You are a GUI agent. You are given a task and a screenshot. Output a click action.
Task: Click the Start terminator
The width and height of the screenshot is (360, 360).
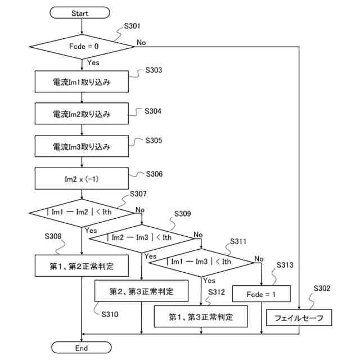(x=80, y=12)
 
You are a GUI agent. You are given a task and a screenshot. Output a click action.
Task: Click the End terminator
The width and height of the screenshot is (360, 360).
(x=81, y=348)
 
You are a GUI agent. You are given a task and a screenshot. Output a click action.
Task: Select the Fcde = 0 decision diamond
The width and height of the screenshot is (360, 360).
(x=82, y=47)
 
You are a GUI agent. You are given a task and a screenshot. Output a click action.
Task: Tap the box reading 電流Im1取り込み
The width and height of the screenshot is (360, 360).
(x=82, y=82)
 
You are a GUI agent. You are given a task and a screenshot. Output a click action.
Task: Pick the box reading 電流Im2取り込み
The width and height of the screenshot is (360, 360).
(x=82, y=114)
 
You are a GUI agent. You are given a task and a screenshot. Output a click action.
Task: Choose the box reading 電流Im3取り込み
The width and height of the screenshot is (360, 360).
(x=82, y=146)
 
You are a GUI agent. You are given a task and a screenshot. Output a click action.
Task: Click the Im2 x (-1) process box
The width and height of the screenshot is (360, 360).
(x=82, y=178)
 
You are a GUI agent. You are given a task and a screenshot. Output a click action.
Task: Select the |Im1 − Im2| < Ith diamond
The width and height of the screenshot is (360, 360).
(x=82, y=213)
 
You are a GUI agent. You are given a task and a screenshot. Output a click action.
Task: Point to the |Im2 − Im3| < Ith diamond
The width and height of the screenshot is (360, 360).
(x=142, y=238)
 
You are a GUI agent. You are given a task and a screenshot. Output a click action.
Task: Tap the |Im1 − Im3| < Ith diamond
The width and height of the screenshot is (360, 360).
(x=201, y=263)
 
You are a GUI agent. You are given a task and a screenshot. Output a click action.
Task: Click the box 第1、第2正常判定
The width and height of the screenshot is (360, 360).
(x=82, y=265)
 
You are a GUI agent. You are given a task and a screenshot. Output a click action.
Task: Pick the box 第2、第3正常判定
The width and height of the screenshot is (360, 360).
(x=141, y=291)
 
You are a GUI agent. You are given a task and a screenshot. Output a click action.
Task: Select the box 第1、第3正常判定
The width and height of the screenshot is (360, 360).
(x=201, y=316)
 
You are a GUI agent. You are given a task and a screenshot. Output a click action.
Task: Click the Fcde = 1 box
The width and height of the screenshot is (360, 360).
(x=261, y=294)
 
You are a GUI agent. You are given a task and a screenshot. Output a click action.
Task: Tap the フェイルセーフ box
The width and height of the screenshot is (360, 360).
(x=299, y=317)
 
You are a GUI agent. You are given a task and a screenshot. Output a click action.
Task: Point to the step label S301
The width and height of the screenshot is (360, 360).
(x=132, y=26)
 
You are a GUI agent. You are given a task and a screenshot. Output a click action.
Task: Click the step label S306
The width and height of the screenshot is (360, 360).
(x=154, y=174)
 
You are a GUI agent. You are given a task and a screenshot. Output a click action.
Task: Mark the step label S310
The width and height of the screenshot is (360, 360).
(x=110, y=314)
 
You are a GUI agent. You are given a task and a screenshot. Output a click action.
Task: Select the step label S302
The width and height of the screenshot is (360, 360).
(x=322, y=288)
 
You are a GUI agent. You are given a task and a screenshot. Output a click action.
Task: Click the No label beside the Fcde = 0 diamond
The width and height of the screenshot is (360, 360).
(x=141, y=43)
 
